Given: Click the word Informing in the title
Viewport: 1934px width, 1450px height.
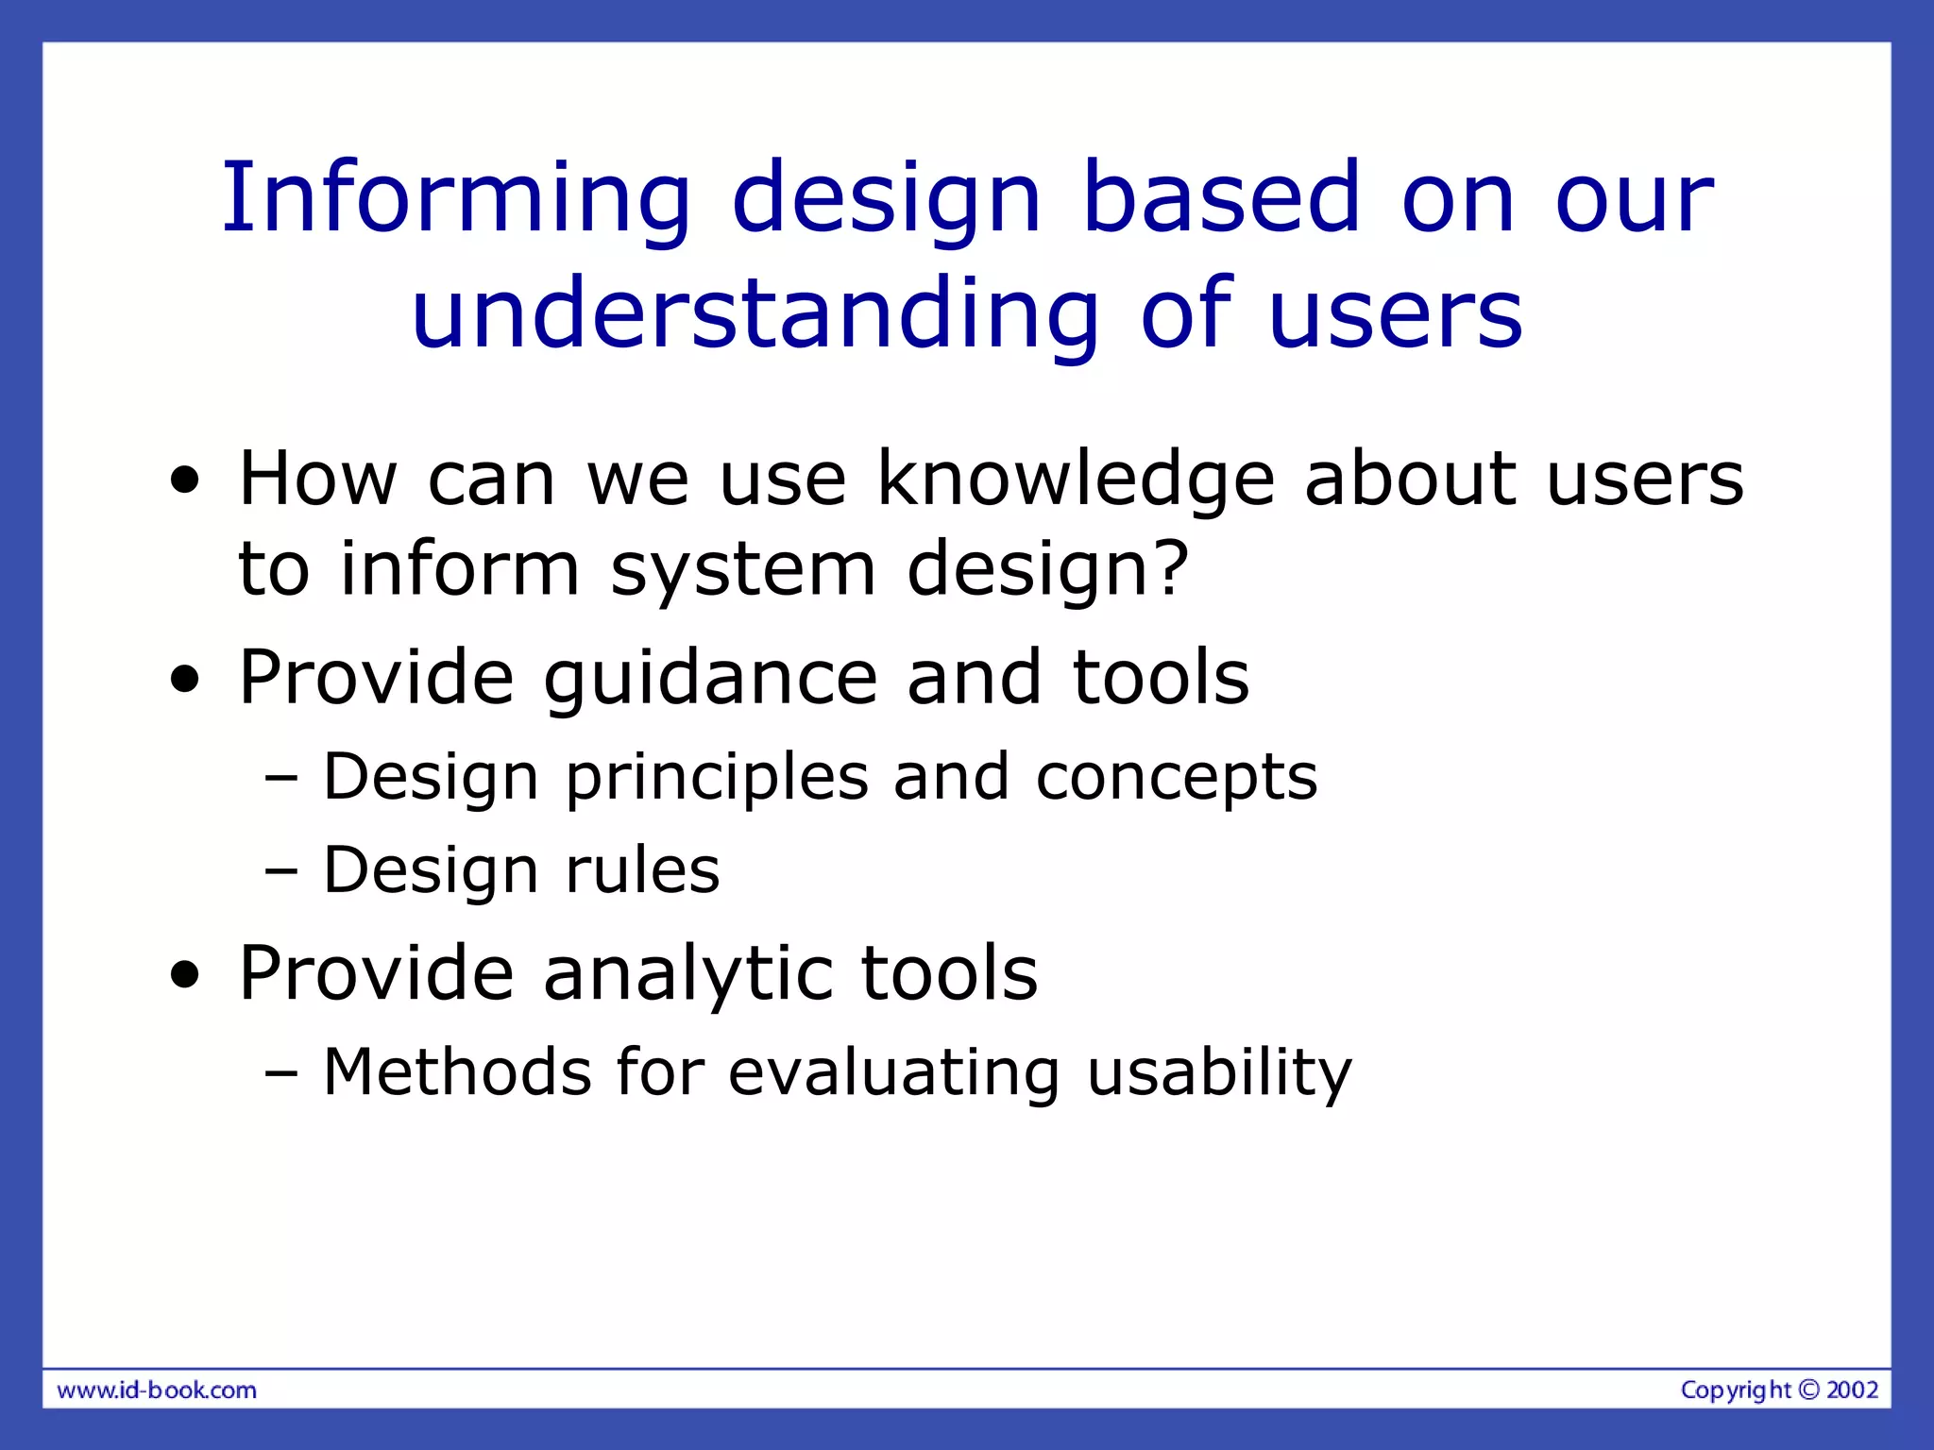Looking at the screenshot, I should tap(456, 198).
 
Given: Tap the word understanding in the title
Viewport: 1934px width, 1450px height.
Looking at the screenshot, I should tap(755, 313).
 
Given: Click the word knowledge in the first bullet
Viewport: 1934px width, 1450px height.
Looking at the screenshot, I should tap(1076, 480).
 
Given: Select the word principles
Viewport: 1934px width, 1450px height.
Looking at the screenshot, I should tap(716, 779).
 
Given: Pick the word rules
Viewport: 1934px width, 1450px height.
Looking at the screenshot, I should tap(642, 869).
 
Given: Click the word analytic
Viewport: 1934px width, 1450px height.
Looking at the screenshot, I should tap(687, 974).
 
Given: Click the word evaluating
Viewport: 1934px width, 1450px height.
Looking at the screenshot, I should tap(894, 1074).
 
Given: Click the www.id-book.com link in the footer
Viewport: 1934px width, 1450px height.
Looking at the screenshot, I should tap(157, 1391).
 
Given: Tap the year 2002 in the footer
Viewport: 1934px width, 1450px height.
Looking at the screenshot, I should tap(1852, 1390).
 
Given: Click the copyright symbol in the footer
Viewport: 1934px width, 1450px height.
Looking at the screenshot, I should tap(1808, 1390).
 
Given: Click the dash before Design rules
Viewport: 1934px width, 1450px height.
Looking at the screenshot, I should tap(281, 871).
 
